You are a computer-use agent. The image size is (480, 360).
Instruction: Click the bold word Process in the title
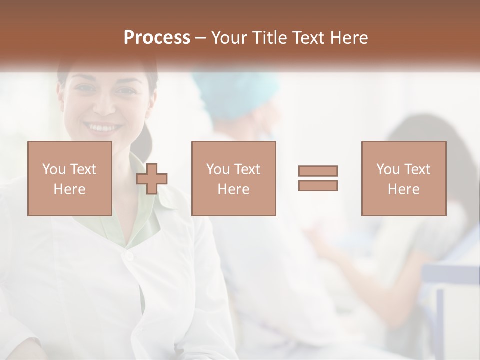click(x=157, y=38)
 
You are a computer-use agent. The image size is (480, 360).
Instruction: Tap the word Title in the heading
click(x=270, y=38)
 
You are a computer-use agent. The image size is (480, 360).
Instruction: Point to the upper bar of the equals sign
click(x=318, y=171)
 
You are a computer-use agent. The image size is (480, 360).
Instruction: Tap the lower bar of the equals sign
click(x=318, y=186)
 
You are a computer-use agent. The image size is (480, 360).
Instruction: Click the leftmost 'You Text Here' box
click(x=69, y=178)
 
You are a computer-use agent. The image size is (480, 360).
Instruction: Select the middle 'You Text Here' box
click(x=233, y=178)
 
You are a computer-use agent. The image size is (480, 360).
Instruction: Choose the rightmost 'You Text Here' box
click(x=403, y=178)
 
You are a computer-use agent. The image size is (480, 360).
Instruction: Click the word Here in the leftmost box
click(x=69, y=189)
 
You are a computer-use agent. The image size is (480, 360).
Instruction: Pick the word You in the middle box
click(x=218, y=169)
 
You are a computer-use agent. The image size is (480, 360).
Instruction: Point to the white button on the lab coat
click(x=129, y=256)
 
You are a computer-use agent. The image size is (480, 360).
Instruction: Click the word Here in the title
click(x=350, y=38)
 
